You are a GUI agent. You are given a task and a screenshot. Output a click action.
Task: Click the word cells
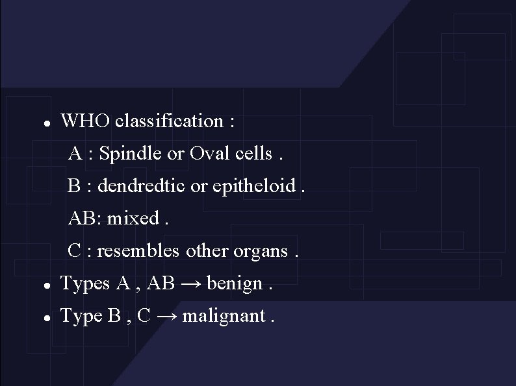click(254, 154)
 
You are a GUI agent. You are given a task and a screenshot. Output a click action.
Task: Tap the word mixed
click(133, 218)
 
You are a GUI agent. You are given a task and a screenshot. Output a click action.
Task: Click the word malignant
click(224, 316)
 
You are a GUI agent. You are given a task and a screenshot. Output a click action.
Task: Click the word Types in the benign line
click(85, 283)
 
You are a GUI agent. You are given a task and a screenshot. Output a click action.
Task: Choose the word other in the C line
click(203, 250)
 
